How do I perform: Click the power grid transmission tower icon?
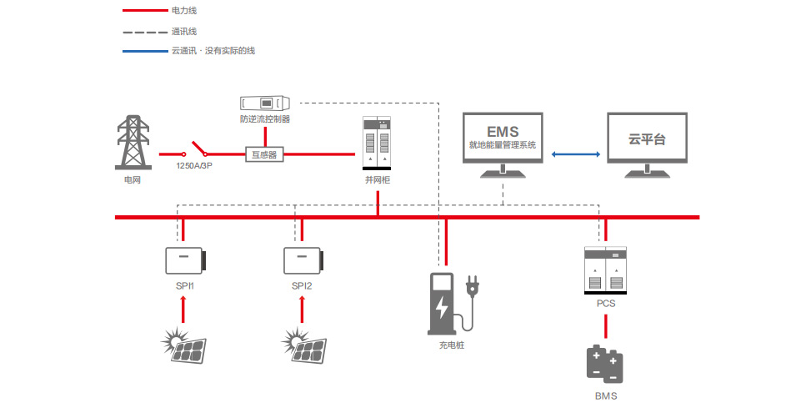click(133, 143)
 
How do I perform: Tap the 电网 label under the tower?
click(133, 179)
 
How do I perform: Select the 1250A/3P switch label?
click(194, 166)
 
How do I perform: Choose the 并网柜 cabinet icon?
click(378, 144)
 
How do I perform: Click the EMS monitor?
click(503, 139)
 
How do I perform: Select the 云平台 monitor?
click(647, 139)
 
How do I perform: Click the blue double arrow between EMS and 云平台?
click(575, 154)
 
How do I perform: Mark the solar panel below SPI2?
click(305, 345)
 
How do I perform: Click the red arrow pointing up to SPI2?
click(302, 310)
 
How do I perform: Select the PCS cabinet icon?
click(606, 269)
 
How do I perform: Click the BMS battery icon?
click(606, 365)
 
